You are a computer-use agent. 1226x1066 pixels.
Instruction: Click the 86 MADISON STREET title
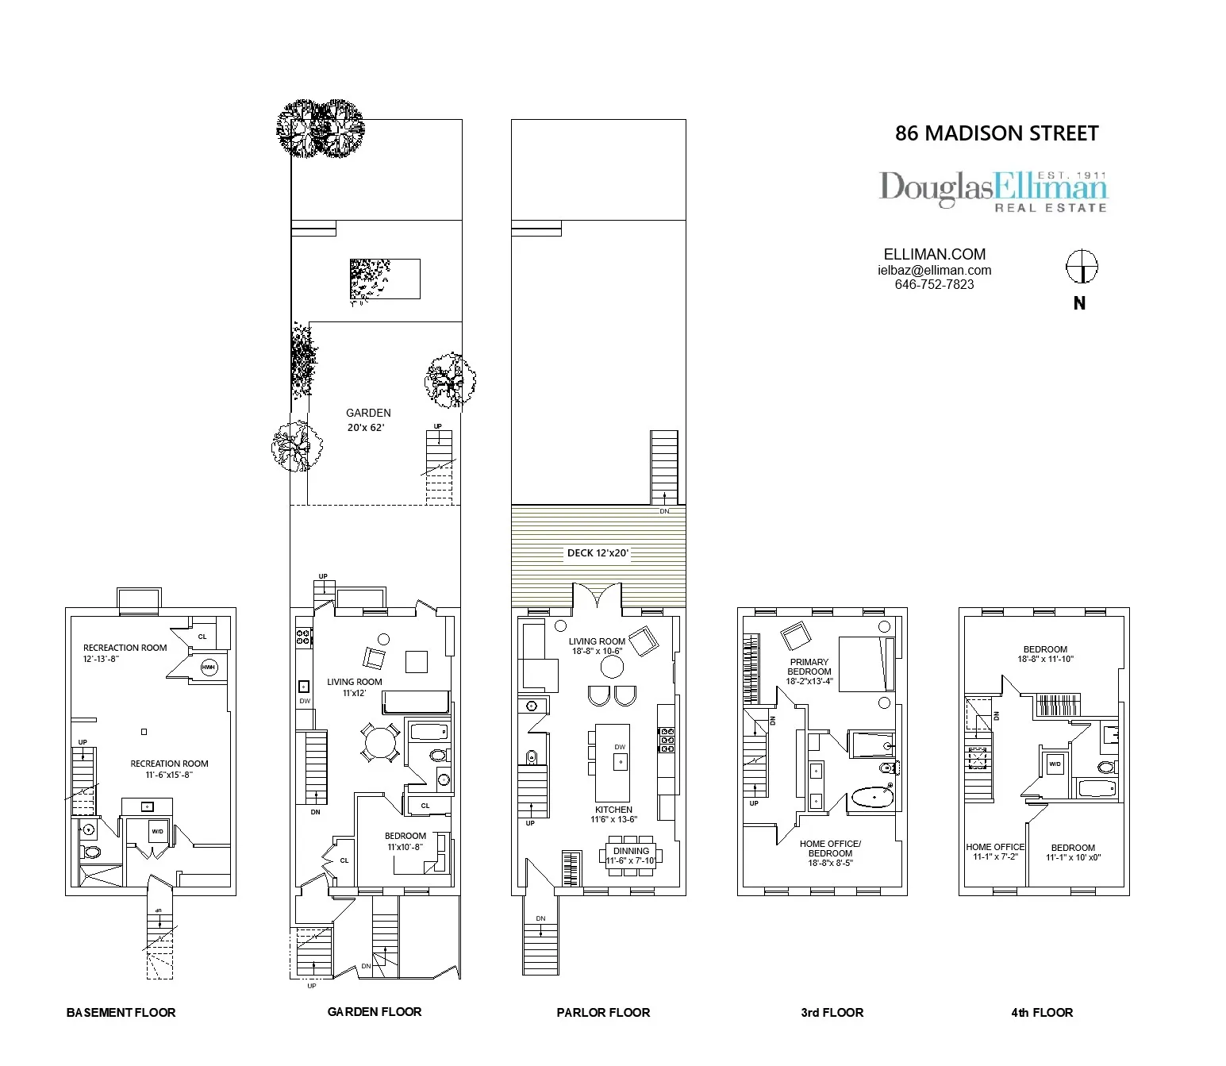pos(997,133)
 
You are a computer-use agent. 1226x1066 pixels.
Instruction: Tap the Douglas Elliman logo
pos(993,191)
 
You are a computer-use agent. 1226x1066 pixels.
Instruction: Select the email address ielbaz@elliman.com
pos(934,270)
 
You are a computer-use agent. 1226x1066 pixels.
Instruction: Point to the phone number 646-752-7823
pos(934,284)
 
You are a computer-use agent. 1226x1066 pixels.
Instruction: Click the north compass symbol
pos(1081,267)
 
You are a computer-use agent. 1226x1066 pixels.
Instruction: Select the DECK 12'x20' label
pos(598,552)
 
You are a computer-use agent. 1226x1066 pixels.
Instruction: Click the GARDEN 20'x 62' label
pos(368,420)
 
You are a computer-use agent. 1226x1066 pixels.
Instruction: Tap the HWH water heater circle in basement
pos(209,668)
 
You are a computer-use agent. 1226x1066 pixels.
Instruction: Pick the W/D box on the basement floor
pos(157,831)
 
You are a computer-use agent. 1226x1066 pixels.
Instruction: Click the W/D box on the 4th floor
pos(1055,764)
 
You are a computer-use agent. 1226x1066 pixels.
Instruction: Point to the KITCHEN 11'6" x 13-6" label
pos(613,814)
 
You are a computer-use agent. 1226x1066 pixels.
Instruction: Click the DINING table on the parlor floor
pos(631,856)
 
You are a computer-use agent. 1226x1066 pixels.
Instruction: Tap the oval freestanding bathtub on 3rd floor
pos(871,796)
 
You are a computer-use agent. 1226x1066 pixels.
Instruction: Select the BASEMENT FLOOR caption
pos(121,1012)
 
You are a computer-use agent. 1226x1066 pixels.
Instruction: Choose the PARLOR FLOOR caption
pos(603,1012)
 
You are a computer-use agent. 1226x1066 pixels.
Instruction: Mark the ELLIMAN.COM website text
pos(934,254)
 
